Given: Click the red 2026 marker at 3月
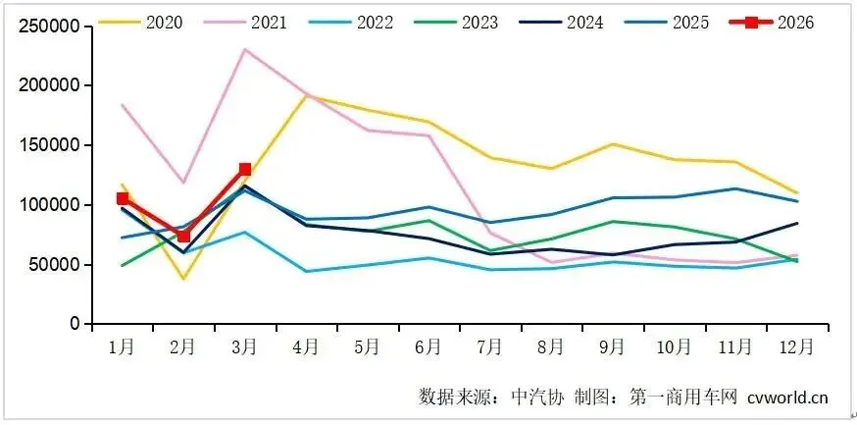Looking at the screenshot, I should (244, 169).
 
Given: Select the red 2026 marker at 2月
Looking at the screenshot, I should (183, 236).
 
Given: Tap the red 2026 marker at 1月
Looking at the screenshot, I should (123, 198).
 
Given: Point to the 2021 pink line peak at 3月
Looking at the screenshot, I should (244, 49).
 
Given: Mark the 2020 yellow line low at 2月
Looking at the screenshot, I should (183, 279).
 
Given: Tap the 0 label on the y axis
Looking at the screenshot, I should (74, 324).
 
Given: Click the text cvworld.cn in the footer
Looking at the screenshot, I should (787, 398).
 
